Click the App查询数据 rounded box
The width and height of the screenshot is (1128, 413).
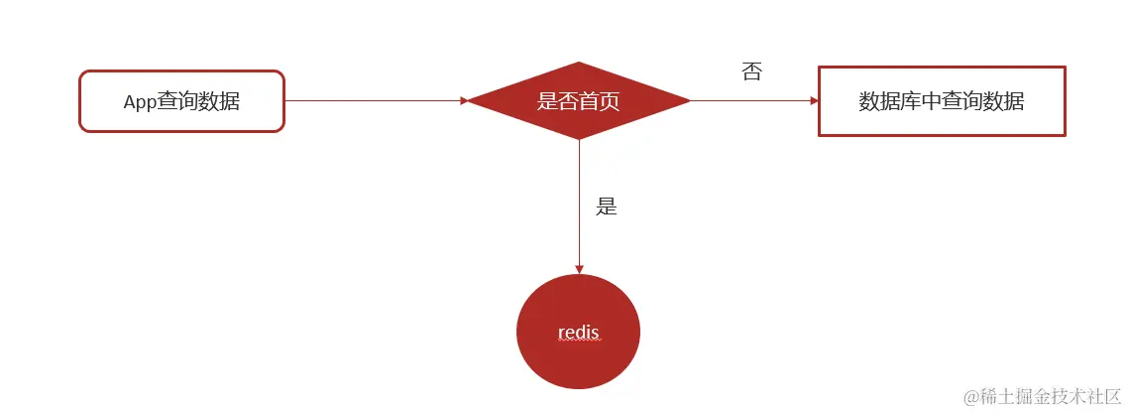click(181, 100)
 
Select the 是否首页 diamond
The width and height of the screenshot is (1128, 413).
click(578, 100)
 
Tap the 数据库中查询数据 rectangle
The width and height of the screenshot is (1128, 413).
click(941, 101)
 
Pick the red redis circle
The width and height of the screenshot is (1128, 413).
click(578, 332)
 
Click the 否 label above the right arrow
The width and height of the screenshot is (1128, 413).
click(751, 71)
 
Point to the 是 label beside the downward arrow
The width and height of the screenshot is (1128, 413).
click(606, 206)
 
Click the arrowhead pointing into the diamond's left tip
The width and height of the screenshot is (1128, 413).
click(464, 100)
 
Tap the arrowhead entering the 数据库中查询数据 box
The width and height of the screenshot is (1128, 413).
click(814, 100)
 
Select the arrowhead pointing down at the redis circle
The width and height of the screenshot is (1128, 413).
click(578, 269)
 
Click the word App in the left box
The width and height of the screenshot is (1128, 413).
click(140, 101)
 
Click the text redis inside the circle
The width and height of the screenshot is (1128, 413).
click(578, 333)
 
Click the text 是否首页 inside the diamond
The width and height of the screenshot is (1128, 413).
click(578, 100)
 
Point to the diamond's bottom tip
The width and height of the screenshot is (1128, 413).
click(578, 139)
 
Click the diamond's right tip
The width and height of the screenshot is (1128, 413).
click(688, 100)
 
